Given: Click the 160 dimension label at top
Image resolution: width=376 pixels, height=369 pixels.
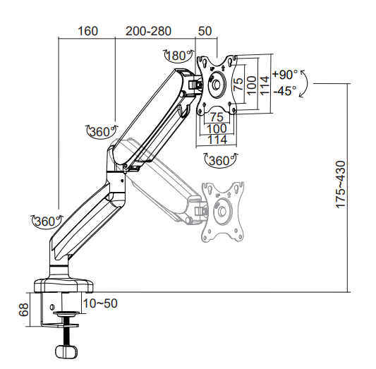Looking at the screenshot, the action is point(87,31).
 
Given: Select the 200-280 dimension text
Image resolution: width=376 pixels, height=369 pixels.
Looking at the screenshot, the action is point(148,31).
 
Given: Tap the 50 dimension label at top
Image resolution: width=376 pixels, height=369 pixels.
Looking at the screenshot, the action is point(205,31).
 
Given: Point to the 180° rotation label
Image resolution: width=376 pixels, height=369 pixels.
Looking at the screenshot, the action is point(178,56).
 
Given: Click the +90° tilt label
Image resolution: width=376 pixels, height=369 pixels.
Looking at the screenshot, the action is point(285,74).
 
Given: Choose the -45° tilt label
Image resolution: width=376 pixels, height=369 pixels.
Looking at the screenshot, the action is point(285,90).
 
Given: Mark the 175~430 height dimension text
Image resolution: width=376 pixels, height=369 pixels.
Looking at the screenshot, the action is point(341,185).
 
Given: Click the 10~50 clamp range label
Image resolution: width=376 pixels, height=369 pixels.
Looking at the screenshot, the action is point(100,303).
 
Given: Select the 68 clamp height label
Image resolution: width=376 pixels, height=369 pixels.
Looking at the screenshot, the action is point(24,310).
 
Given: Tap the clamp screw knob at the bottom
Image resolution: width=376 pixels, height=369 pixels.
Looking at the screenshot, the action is point(66,352).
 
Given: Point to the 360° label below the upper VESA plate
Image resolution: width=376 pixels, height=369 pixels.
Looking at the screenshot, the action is point(219,160).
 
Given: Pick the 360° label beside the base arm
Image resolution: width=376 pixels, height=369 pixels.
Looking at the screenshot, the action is point(46,222).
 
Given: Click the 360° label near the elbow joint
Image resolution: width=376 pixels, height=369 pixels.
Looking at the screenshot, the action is point(100,131).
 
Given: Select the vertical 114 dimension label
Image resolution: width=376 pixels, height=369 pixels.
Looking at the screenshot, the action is point(265,85).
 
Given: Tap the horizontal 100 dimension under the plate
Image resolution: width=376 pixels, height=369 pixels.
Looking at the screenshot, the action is point(217,128).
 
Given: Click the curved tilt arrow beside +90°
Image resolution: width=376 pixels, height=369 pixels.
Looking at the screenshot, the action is point(304,83).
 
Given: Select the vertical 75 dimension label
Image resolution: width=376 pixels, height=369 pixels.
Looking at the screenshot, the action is point(238,84).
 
